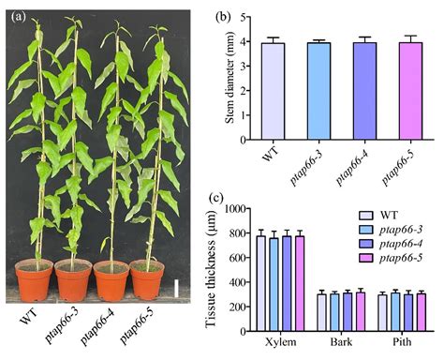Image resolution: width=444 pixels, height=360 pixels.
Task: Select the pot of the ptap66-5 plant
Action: [148, 280]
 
